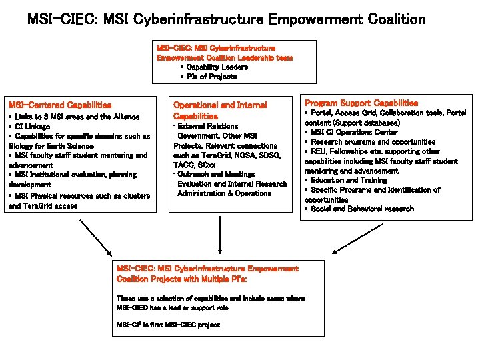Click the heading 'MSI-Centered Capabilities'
point(59,105)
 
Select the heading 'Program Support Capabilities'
point(361,103)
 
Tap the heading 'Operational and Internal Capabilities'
point(220,110)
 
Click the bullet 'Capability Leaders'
point(217,67)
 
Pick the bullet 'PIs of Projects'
point(211,77)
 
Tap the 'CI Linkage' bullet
point(33,126)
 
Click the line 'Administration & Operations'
point(224,193)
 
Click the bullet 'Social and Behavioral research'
point(361,209)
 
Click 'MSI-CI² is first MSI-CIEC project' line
point(168,325)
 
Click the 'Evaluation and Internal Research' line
point(231,184)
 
